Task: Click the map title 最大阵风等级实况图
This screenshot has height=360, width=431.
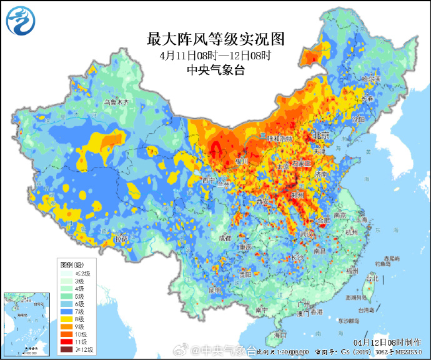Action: coord(215,40)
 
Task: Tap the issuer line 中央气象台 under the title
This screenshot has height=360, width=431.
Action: coord(215,70)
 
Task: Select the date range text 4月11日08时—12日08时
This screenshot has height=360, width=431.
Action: coord(215,56)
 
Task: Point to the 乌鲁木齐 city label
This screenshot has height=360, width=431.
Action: coord(116,102)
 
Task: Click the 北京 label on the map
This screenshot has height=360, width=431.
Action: coord(322,135)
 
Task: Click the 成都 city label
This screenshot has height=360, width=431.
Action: coord(225,237)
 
